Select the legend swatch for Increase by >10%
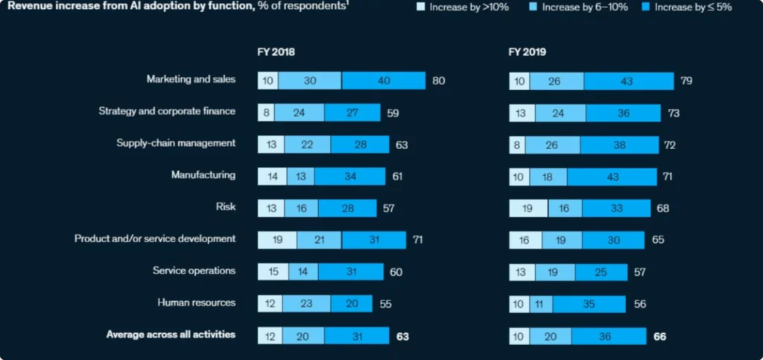[420, 8]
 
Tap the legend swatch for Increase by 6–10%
[534, 8]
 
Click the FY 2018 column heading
[276, 53]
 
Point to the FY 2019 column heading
[528, 53]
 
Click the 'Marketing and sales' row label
[191, 79]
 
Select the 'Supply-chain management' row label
[176, 143]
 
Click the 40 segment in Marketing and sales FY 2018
[383, 80]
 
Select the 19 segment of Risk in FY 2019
[528, 208]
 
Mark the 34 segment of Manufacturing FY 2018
[349, 176]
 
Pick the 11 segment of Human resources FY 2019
[541, 304]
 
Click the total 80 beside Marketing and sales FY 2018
[438, 80]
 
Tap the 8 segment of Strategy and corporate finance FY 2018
[266, 112]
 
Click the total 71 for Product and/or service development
[419, 240]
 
